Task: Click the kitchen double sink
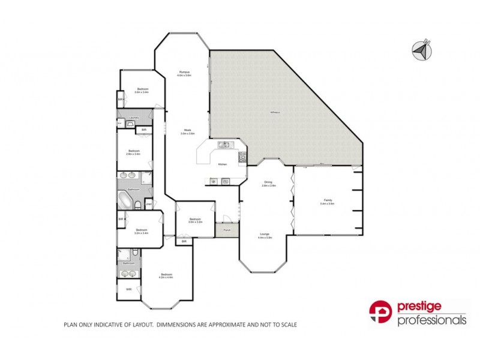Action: [223, 144]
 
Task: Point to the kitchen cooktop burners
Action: [242, 157]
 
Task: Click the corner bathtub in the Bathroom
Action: [125, 200]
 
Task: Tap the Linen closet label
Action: [148, 203]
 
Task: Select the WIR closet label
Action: [128, 289]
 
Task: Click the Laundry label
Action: [135, 117]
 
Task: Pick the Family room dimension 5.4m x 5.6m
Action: [327, 204]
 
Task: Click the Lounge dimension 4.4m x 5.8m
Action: [265, 238]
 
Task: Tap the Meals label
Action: [188, 130]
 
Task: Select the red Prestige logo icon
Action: [380, 313]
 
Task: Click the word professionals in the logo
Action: [432, 320]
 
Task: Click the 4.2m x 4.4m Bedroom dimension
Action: [166, 277]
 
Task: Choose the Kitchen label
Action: [222, 164]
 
